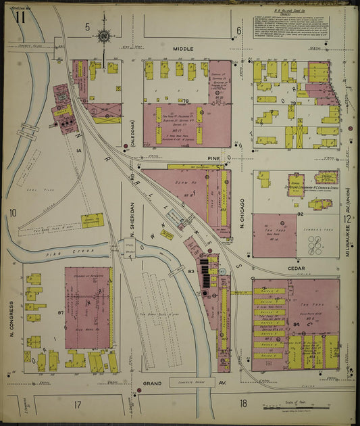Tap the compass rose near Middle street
105,37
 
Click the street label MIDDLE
182,49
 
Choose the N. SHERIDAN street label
133,220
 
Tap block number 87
61,312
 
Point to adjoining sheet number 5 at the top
86,27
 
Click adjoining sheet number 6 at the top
238,30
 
